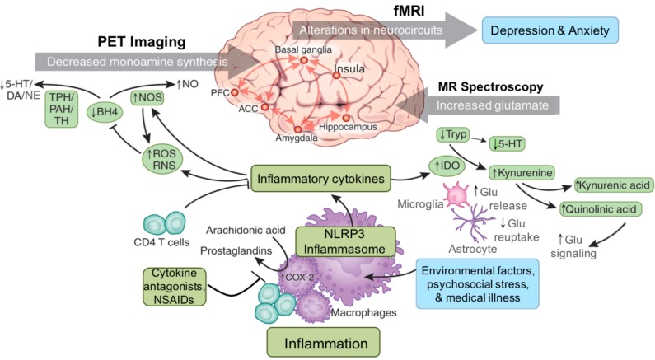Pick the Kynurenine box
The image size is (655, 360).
click(x=521, y=173)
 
